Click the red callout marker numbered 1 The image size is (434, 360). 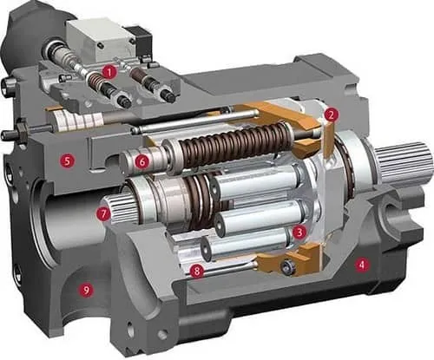coord(109,72)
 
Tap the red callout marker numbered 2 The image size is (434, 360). coord(331,115)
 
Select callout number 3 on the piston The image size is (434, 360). coord(299,232)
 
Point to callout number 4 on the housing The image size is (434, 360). coord(361,265)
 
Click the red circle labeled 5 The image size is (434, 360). coord(67,160)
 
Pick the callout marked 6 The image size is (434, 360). coord(142,161)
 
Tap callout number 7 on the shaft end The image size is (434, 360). coord(104,214)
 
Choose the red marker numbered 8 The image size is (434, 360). coord(197,271)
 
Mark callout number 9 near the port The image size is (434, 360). coord(86,290)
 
